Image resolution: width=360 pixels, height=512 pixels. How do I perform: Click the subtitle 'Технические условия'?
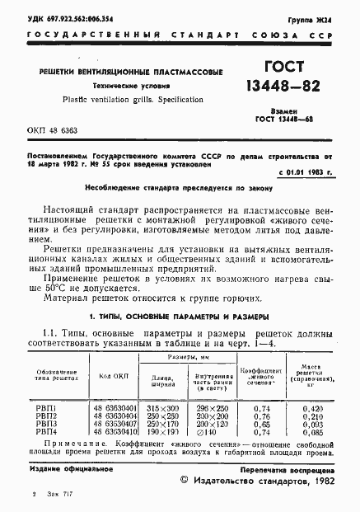[x=132, y=85]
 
